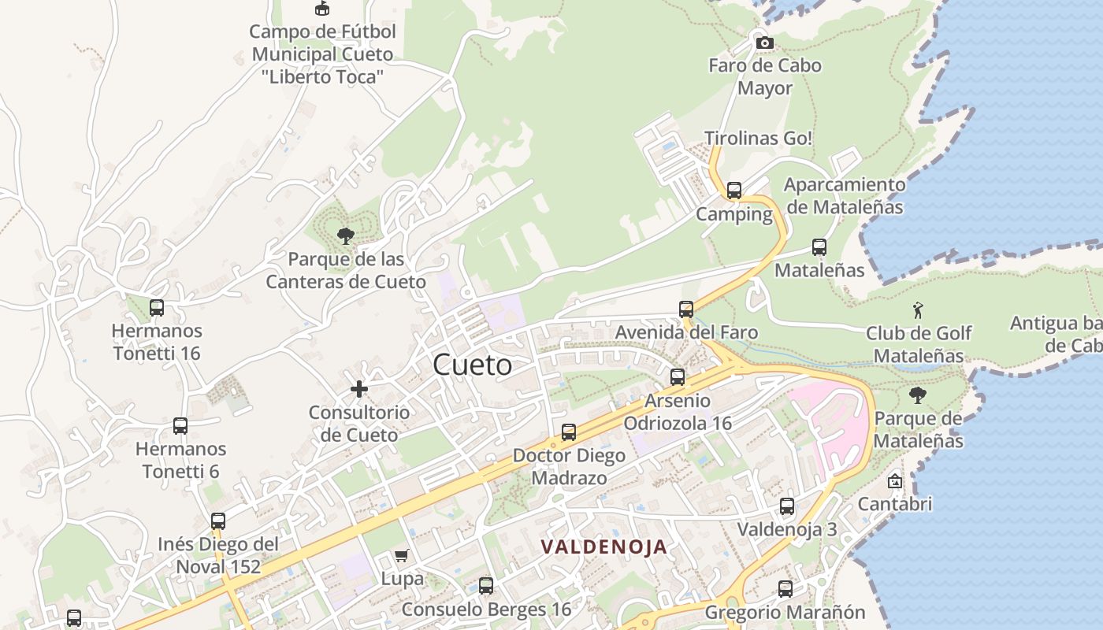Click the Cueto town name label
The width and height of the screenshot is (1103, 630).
pos(472,365)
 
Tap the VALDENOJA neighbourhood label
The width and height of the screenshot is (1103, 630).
pos(603,547)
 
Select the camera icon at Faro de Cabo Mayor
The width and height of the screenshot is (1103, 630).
pos(764,43)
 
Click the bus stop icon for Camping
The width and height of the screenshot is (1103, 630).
pos(734,191)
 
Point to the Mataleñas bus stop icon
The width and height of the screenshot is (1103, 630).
pos(819,247)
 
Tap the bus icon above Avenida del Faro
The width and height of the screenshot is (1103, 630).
pos(686,309)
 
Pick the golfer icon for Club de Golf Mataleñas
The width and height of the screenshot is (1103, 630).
pos(918,309)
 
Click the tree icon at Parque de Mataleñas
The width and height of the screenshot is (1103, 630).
pos(917,395)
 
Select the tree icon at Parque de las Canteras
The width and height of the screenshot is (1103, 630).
pos(345,235)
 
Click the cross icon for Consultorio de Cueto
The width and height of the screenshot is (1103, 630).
pos(359,388)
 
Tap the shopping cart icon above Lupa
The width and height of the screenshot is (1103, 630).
pos(402,556)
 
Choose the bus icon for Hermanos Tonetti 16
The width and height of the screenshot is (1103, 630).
pos(157,308)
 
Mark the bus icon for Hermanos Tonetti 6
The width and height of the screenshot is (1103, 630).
pos(180,426)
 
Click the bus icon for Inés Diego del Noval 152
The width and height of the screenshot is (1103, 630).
pos(218,521)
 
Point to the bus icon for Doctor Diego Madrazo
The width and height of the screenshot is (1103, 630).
pos(569,432)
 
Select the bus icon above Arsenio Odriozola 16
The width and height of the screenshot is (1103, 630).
pos(678,377)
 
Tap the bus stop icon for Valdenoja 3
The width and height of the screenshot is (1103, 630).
pos(787,506)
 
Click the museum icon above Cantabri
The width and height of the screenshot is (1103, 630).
pos(895,480)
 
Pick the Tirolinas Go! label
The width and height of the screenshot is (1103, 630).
pos(758,138)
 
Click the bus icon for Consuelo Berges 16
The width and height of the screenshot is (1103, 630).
pos(486,586)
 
